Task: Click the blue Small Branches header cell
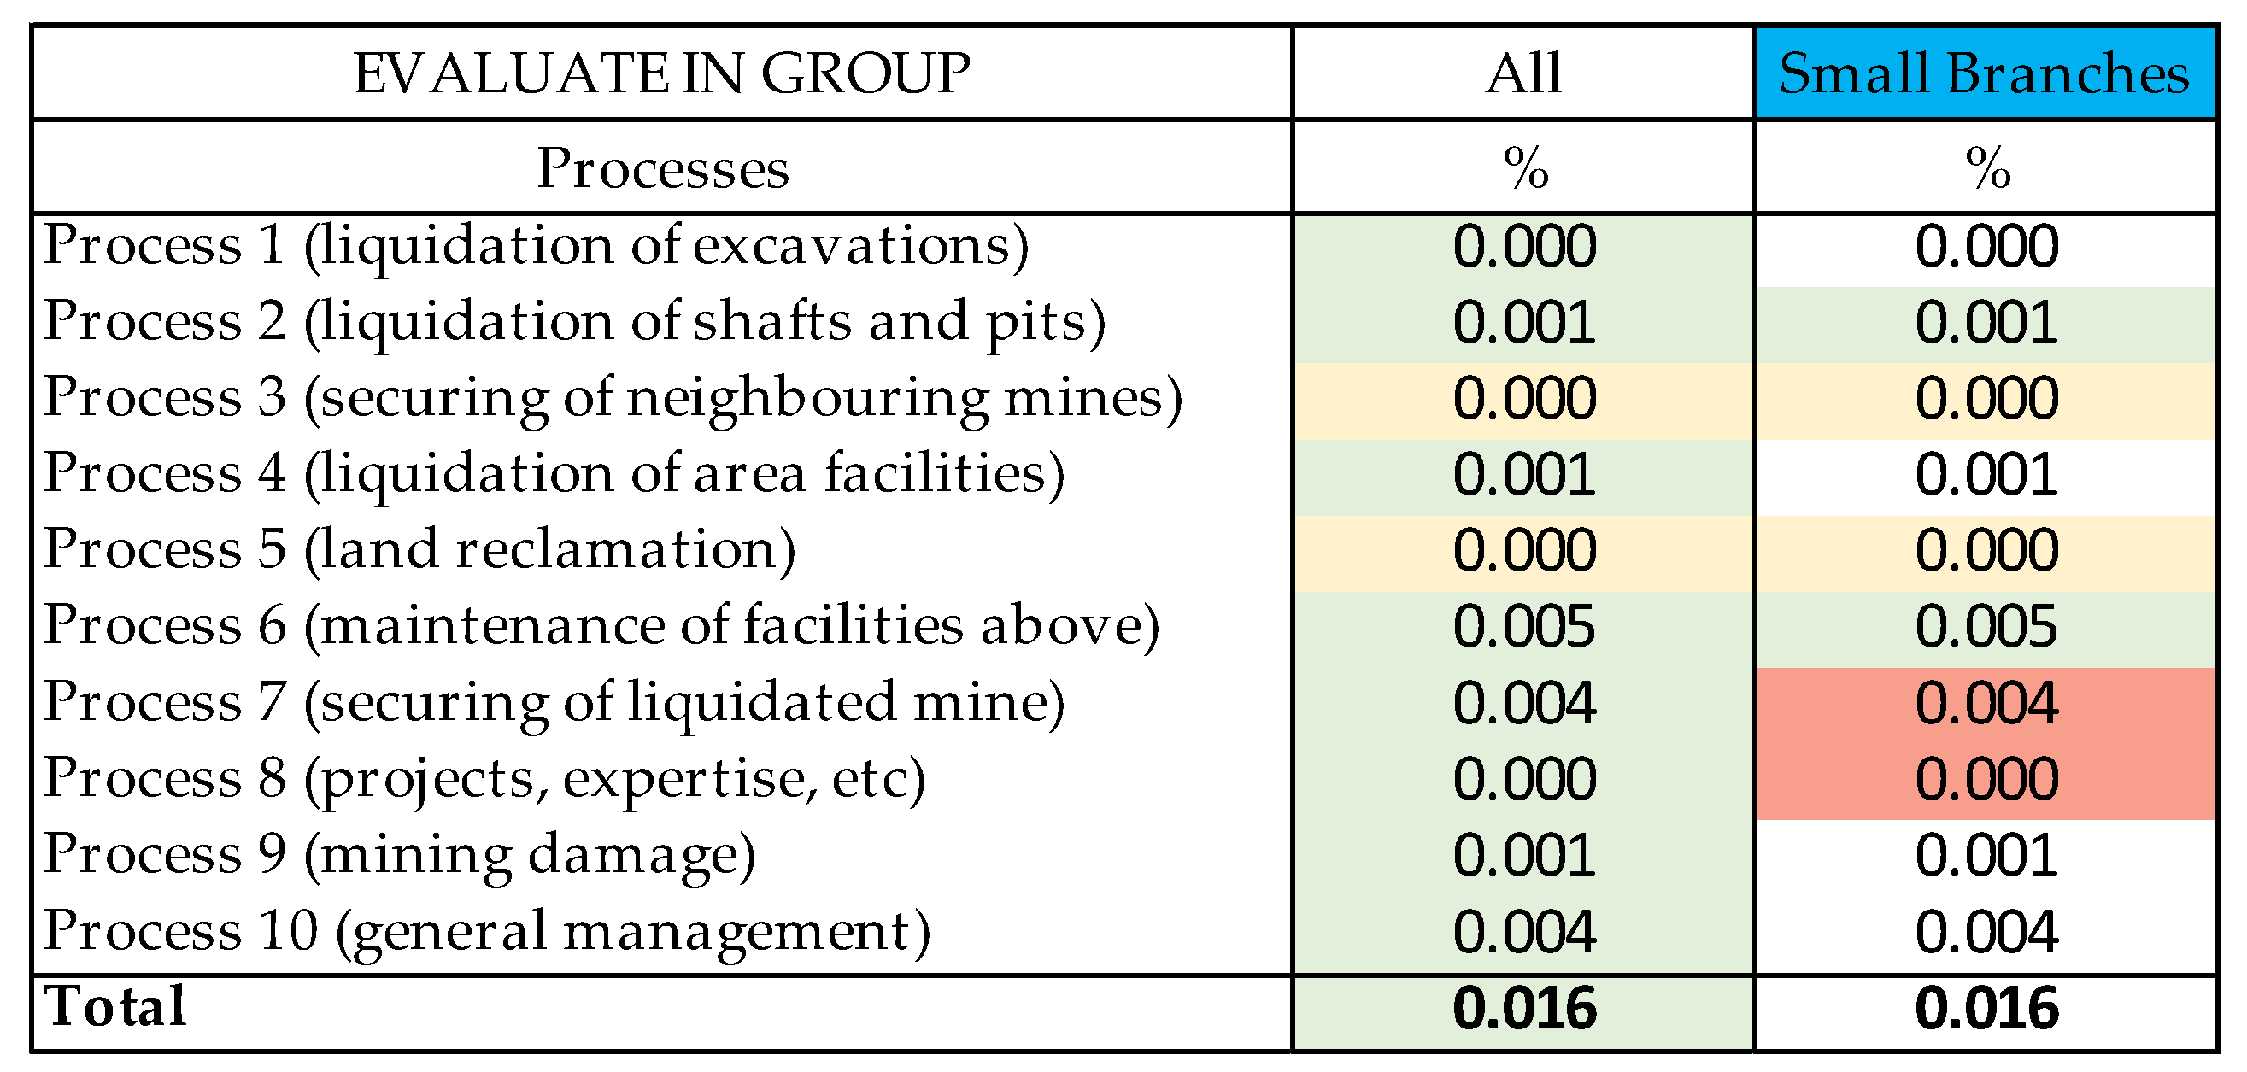pos(1985,73)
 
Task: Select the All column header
pos(1523,73)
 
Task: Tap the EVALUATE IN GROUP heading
pos(661,73)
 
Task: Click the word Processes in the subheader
pos(663,168)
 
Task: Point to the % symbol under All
pos(1526,167)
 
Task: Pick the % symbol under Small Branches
pos(1988,167)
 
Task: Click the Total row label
pos(115,1007)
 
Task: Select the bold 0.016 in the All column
pos(1524,1009)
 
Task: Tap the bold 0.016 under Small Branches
pos(1986,1009)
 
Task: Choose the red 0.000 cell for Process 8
pos(1986,780)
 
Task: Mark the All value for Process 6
pos(1524,627)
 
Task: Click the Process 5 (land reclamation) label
pos(419,549)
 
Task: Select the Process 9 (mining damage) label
pos(399,855)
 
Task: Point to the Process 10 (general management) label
pos(487,932)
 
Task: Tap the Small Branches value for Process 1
pos(1986,247)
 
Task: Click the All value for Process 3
pos(1524,399)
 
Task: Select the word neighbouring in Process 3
pos(807,398)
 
